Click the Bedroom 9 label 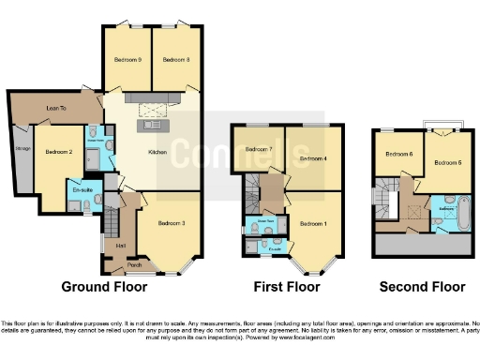[127, 60]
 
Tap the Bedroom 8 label [175, 60]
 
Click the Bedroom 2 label [58, 150]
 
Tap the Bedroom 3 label [170, 222]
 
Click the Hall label [121, 246]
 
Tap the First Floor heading [285, 287]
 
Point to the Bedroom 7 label [258, 149]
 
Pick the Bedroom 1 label [311, 223]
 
